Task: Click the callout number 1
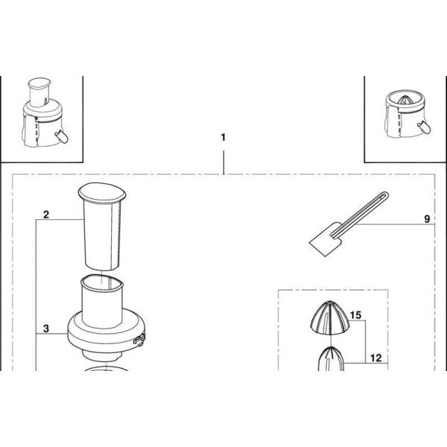click(x=223, y=137)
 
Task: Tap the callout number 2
click(x=46, y=215)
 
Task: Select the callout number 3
click(x=46, y=329)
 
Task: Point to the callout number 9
click(x=427, y=219)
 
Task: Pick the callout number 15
click(x=355, y=315)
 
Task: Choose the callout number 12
click(x=375, y=358)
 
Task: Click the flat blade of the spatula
click(x=325, y=241)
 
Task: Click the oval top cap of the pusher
click(x=102, y=193)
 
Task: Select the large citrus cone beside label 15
click(x=329, y=317)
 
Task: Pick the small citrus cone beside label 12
click(x=331, y=358)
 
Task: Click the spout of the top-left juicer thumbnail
click(x=62, y=136)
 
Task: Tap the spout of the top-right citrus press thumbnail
click(x=424, y=127)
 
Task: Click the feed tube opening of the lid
click(x=102, y=282)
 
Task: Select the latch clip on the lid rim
click(x=139, y=340)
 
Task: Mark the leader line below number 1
click(x=223, y=162)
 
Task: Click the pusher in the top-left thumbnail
click(x=39, y=91)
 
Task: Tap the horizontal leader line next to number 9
click(x=395, y=225)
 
